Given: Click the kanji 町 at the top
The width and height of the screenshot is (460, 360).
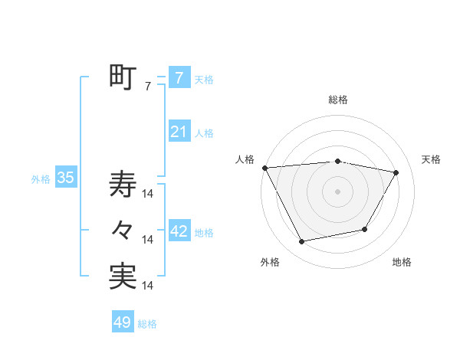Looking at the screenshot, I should (x=123, y=77).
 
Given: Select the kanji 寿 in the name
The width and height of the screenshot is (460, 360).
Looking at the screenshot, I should (x=123, y=184).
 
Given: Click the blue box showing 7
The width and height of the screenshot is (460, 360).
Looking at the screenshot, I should (x=179, y=77).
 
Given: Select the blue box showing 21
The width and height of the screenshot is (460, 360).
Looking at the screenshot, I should (x=179, y=132).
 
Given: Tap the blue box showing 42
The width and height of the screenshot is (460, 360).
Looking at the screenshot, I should (x=179, y=231).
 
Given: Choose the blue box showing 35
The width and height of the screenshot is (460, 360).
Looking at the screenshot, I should (x=65, y=178).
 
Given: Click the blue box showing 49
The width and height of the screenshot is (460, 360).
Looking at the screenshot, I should (x=122, y=322).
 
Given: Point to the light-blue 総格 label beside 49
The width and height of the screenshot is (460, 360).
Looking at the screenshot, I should (x=147, y=324).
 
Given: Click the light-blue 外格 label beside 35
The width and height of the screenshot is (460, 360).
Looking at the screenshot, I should (x=41, y=179).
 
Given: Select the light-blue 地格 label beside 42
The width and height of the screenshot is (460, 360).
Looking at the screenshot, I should (x=204, y=232).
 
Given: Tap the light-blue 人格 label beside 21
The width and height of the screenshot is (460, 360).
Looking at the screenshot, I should (x=204, y=133).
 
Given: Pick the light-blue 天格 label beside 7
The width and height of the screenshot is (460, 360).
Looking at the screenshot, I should (x=204, y=79).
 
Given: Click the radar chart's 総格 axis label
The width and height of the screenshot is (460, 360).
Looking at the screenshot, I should (x=338, y=100).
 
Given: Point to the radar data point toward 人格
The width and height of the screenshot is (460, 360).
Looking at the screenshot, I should (x=264, y=167).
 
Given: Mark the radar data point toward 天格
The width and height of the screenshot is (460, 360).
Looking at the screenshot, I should (x=396, y=172).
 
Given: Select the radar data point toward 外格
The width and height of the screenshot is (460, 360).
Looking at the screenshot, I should (x=302, y=242).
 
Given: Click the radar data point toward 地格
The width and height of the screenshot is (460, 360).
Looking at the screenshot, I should (x=365, y=229).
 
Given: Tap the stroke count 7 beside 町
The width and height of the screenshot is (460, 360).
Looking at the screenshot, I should (x=148, y=87).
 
